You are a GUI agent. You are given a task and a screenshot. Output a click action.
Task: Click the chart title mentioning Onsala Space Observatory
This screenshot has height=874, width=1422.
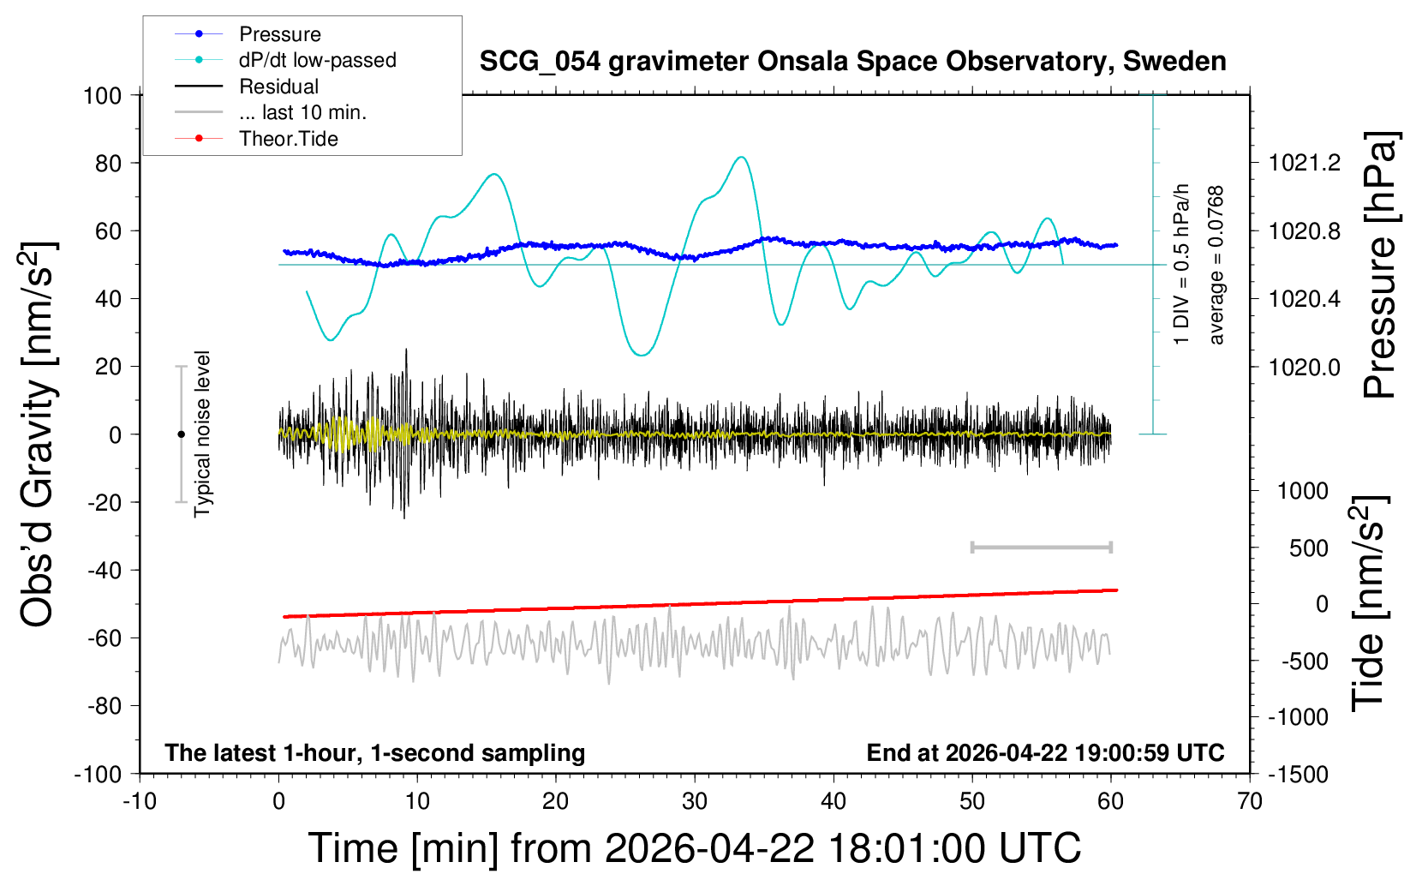(x=852, y=62)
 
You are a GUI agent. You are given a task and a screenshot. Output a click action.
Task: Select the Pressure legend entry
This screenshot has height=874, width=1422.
(x=279, y=34)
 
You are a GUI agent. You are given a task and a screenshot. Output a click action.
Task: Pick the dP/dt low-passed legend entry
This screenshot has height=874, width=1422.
(x=317, y=60)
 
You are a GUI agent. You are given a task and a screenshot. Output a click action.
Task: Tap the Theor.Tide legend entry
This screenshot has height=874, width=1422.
(x=288, y=139)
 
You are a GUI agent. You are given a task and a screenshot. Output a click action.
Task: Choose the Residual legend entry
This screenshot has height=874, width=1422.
(x=278, y=87)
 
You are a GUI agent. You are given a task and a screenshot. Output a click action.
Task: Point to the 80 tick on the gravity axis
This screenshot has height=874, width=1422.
(x=108, y=163)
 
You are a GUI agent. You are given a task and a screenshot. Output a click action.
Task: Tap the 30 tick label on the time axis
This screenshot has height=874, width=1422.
(x=695, y=802)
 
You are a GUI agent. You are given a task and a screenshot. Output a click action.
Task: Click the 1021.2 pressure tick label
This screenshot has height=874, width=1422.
(x=1305, y=163)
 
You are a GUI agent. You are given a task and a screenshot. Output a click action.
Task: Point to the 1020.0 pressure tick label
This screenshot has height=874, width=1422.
(x=1305, y=367)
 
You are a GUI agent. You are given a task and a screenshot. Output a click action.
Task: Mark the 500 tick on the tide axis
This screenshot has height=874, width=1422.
(x=1308, y=548)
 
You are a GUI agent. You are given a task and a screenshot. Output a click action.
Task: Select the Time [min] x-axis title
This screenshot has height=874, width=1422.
(x=694, y=848)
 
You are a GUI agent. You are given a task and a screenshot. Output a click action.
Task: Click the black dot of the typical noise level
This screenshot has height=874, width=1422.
(x=181, y=434)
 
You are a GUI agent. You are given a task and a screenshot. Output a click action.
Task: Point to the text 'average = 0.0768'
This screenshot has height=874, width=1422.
(x=1216, y=266)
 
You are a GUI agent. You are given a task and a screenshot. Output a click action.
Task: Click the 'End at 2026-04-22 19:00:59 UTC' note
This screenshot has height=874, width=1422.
(x=1045, y=753)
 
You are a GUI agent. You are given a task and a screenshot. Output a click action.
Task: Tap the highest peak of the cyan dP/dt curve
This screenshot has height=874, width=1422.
(x=741, y=158)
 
